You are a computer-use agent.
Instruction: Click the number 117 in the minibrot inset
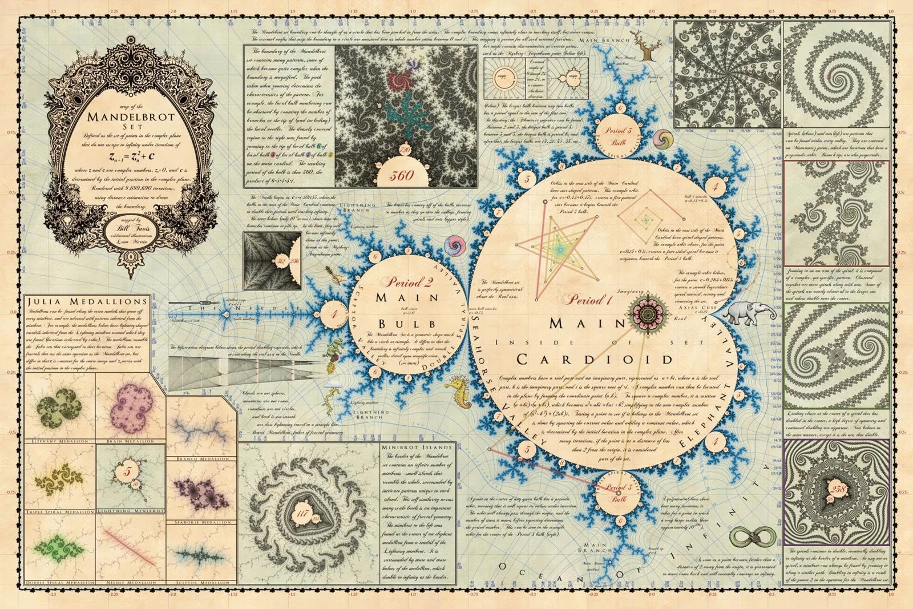point(302,514)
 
